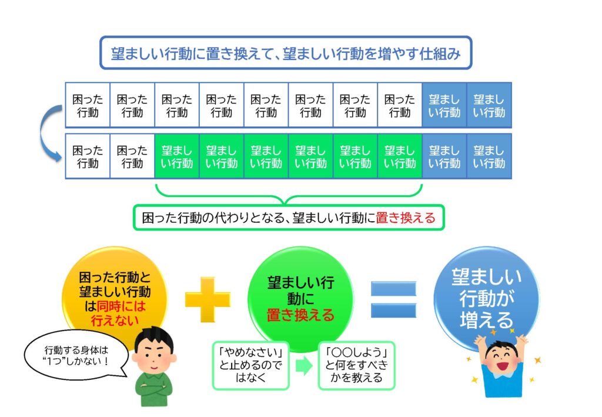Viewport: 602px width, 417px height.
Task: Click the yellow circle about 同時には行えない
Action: point(115,292)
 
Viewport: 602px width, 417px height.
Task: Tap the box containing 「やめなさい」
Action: point(251,365)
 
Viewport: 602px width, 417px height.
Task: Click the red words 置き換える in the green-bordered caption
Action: point(406,218)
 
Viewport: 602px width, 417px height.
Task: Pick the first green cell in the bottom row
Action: point(177,156)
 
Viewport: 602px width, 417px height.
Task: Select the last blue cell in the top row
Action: point(489,106)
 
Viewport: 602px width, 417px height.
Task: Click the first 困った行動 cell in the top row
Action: point(88,106)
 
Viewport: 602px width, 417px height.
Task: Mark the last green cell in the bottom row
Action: point(400,156)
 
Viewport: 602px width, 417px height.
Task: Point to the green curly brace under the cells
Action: point(289,194)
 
